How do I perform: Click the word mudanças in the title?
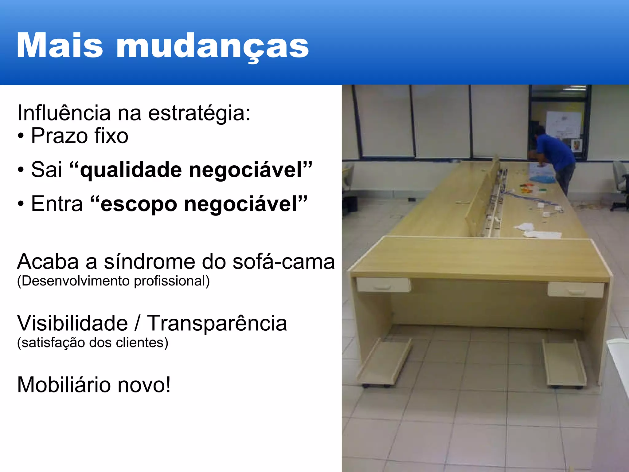tap(212, 46)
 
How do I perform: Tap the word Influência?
tap(64, 113)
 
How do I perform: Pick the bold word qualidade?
tap(131, 170)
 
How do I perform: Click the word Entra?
tap(57, 204)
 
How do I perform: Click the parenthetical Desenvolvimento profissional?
tap(113, 281)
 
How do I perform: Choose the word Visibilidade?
tap(72, 323)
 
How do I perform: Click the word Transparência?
tap(217, 323)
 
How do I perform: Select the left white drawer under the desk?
tap(383, 285)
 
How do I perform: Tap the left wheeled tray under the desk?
tap(384, 363)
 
